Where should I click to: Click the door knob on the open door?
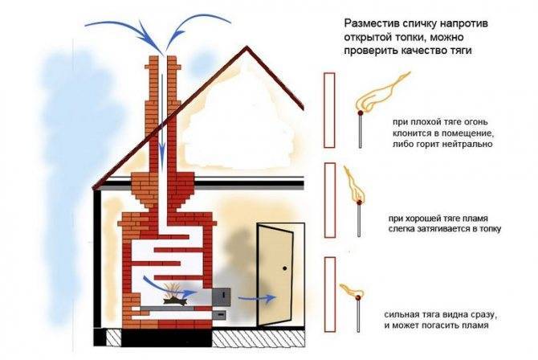click(284, 268)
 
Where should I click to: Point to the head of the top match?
click(361, 112)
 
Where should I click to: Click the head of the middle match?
click(359, 202)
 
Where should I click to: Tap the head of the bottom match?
click(358, 298)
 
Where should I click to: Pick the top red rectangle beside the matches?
click(330, 110)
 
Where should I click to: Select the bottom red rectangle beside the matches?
click(330, 294)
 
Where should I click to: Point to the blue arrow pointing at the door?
click(257, 298)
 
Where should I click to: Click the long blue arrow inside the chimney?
click(161, 117)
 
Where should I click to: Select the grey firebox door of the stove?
click(222, 296)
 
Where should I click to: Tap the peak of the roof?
click(246, 47)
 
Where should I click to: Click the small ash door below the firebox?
click(219, 313)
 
